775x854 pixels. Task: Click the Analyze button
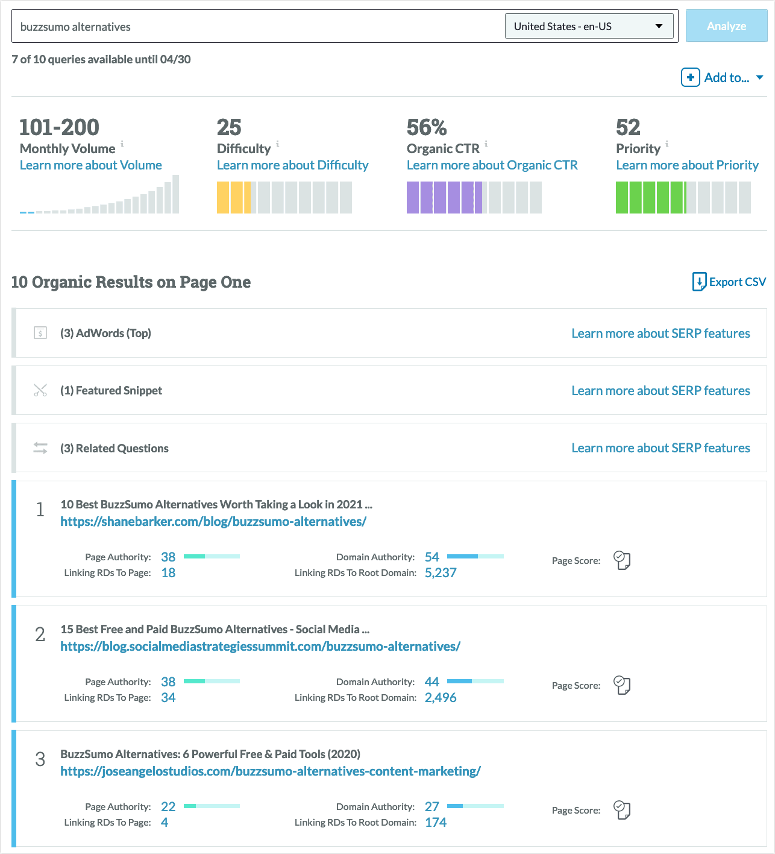pos(726,26)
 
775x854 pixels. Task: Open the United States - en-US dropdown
pos(589,27)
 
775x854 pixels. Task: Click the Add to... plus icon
pos(691,77)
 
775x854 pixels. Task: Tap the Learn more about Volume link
pos(90,165)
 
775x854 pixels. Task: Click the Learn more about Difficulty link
pos(292,165)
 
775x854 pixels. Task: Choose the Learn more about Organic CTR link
pos(492,165)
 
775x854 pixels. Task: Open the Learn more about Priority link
pos(687,165)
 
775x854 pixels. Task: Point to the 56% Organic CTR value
pos(427,127)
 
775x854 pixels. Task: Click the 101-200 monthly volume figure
pos(59,127)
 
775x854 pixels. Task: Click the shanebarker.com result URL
pos(213,522)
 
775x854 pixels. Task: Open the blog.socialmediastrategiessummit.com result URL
pos(260,647)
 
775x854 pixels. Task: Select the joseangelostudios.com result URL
pos(271,771)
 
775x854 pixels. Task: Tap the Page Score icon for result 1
pos(621,560)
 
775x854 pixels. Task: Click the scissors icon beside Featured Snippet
pos(40,390)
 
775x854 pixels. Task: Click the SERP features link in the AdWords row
pos(660,334)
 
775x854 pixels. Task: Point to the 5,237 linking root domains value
pos(441,573)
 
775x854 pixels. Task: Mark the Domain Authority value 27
pos(431,806)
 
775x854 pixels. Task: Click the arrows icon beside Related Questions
pos(40,448)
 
